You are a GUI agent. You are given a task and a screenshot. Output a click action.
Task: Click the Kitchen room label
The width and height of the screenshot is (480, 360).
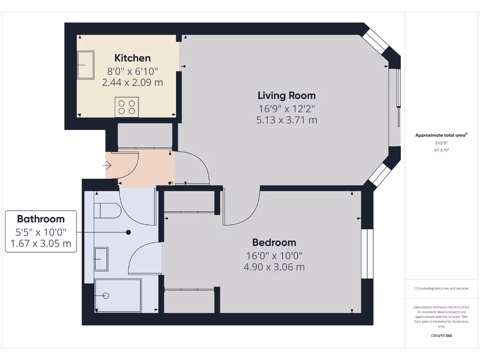pos(133,58)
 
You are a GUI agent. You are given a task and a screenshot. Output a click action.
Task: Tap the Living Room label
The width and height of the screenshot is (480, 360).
pos(286,96)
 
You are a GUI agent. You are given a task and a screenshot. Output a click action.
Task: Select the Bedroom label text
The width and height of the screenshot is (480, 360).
pos(274,242)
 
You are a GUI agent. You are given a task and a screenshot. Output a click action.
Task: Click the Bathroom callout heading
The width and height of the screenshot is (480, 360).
pos(41,219)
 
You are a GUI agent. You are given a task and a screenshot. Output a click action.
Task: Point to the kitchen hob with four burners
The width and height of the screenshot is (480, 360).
pos(127,107)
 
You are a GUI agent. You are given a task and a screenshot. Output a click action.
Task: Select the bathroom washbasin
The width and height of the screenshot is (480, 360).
pos(101,259)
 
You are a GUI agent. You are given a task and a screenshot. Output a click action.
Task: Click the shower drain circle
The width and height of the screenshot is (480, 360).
pos(105,296)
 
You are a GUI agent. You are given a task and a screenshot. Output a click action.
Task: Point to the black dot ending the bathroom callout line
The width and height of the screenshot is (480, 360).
pos(128,232)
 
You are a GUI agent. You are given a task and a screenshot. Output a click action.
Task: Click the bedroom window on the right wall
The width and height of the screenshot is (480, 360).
pos(367,255)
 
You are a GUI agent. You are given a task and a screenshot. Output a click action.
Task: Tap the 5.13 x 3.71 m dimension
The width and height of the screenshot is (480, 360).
pos(286,120)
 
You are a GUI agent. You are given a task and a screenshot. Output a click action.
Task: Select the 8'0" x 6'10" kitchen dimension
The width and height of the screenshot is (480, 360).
pos(133,72)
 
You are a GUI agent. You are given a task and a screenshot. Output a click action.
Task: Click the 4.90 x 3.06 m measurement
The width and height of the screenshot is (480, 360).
pos(274,267)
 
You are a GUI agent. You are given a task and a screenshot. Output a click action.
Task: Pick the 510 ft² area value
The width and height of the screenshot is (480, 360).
pos(442,143)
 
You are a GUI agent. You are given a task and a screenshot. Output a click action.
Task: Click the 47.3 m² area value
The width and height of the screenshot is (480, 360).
pos(442,150)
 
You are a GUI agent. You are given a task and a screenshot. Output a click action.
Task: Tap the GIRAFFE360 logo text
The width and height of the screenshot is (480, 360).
pos(442,336)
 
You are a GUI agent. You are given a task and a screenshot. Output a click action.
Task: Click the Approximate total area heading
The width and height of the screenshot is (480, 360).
pos(441,135)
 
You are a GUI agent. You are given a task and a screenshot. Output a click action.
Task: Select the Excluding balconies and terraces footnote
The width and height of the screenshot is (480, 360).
pos(441,288)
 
